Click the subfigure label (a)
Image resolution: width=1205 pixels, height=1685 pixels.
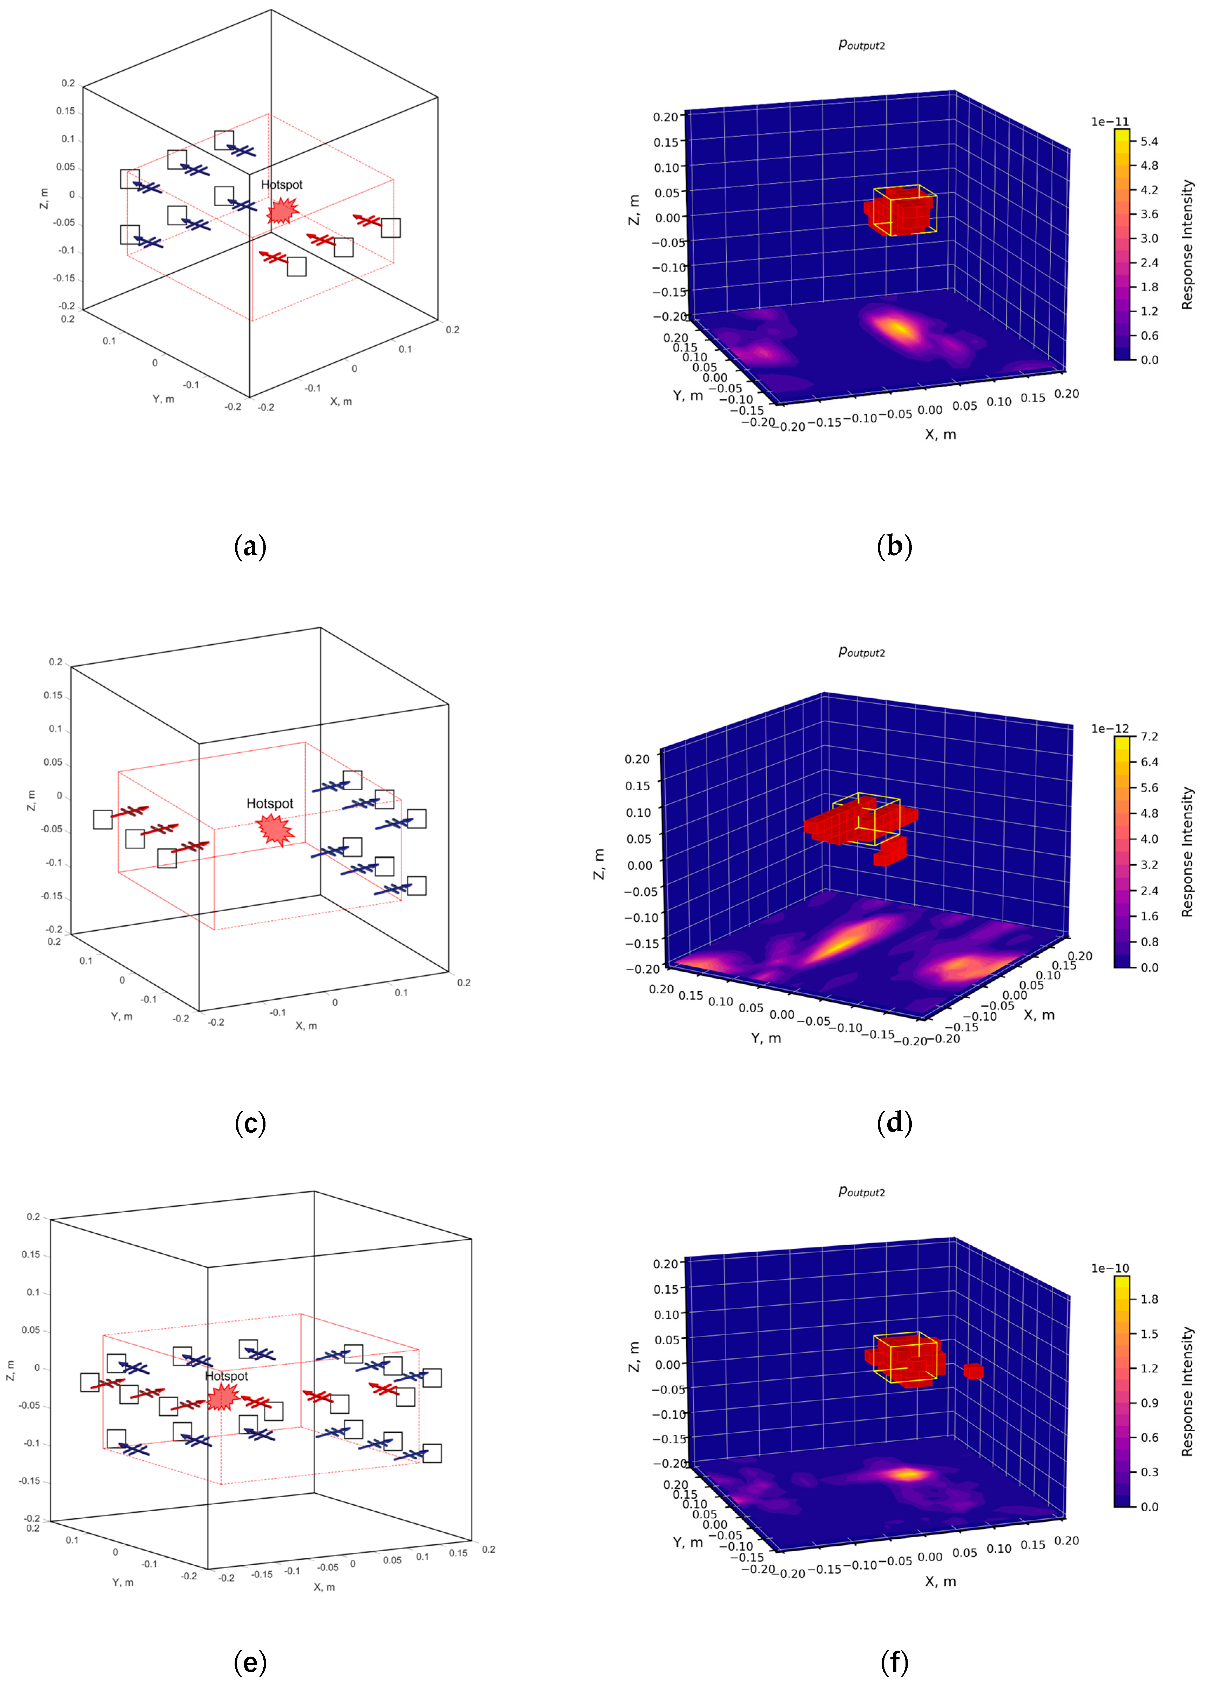tap(250, 547)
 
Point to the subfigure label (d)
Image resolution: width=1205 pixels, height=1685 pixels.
tap(894, 1123)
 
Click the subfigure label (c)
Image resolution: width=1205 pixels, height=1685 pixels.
tap(250, 1123)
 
